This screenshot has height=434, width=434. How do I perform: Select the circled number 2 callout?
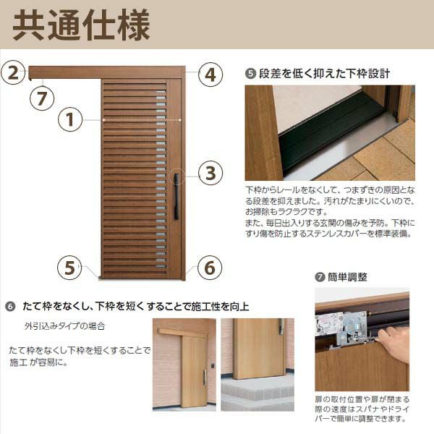[14, 72]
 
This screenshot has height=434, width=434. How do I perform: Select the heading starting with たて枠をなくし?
[130, 306]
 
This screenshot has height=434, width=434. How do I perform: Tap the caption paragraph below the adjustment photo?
[361, 408]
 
